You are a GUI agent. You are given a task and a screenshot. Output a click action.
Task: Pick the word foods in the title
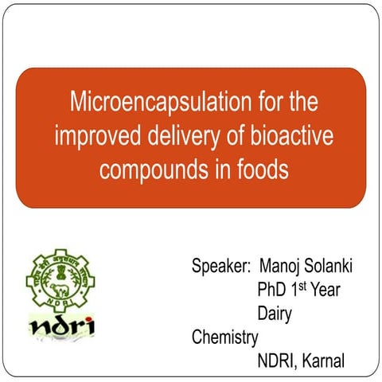(x=263, y=170)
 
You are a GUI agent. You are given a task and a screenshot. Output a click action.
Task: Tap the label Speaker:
(x=221, y=265)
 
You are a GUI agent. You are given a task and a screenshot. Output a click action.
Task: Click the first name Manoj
(x=288, y=265)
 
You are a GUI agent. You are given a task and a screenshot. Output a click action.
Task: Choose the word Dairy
(x=274, y=313)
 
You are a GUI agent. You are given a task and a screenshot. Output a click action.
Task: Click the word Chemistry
(x=225, y=337)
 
